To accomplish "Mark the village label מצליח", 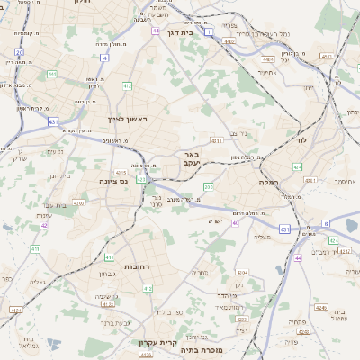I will click(263, 237).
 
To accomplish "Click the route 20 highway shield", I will click(20, 53).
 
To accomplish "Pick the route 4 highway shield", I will click(104, 58).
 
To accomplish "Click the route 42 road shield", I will click(44, 225).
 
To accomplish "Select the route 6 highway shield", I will click(325, 222).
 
